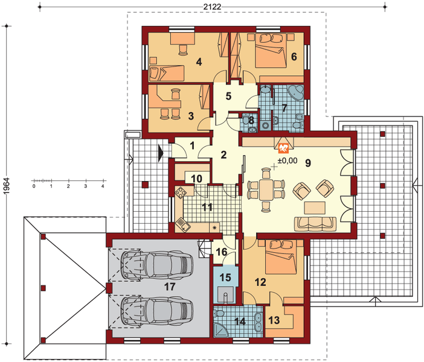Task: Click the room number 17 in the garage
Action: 170,287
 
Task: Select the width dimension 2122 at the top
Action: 212,7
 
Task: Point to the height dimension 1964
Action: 6,186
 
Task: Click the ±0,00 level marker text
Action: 287,160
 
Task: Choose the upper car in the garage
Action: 157,265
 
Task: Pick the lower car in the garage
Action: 157,311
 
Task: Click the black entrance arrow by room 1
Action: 161,154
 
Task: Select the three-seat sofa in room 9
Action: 315,224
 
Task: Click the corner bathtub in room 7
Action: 296,93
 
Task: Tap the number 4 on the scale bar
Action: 103,186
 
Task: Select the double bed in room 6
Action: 271,51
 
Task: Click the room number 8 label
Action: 251,121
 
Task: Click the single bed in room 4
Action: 167,73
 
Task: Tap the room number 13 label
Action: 274,320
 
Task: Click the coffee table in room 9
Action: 315,208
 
